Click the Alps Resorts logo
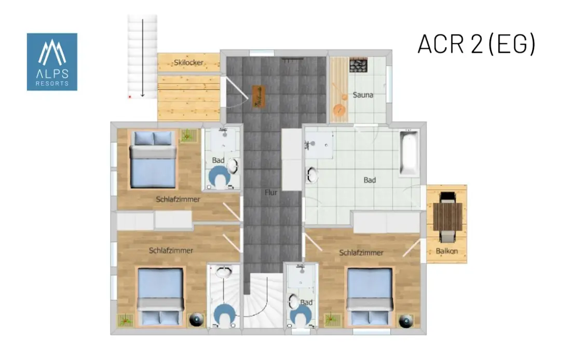click(x=52, y=62)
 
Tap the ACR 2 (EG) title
click(x=477, y=44)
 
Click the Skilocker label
click(x=188, y=63)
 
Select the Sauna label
click(x=363, y=95)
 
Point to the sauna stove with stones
click(x=358, y=65)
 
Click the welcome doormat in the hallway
click(x=259, y=96)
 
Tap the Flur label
click(x=271, y=192)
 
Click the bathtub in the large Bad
click(x=410, y=153)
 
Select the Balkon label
click(x=447, y=251)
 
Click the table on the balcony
click(x=447, y=217)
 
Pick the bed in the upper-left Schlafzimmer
click(x=153, y=160)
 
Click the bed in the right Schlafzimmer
click(x=370, y=297)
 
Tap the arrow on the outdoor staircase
click(x=142, y=58)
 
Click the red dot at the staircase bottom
click(x=130, y=97)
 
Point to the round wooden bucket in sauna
click(x=339, y=109)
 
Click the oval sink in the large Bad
click(x=312, y=175)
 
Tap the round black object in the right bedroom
click(x=406, y=321)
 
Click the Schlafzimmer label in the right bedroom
click(x=361, y=253)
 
